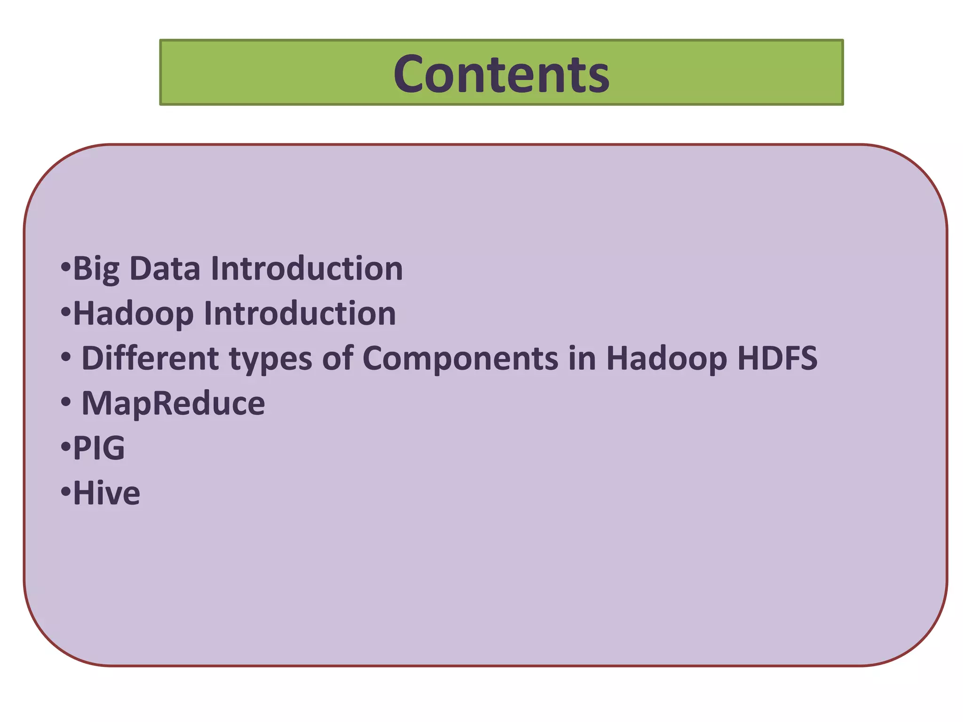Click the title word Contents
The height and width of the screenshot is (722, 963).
(501, 74)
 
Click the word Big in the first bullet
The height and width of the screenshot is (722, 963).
(96, 269)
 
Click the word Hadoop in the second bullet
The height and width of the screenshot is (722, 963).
(134, 314)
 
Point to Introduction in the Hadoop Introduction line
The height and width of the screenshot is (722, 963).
(300, 314)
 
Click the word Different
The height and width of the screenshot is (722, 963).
(150, 358)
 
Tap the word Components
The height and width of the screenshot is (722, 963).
(460, 359)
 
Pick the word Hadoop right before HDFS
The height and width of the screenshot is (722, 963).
(666, 359)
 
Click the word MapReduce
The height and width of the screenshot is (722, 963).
(173, 403)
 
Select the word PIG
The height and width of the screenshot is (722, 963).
(99, 448)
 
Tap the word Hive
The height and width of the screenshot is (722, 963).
(107, 493)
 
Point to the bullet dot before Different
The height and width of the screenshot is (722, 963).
(66, 358)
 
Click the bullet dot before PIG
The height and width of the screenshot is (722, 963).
(65, 447)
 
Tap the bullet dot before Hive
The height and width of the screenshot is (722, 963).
(65, 492)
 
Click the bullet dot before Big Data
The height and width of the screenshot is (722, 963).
(65, 267)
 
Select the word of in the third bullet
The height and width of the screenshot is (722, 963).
(337, 358)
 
